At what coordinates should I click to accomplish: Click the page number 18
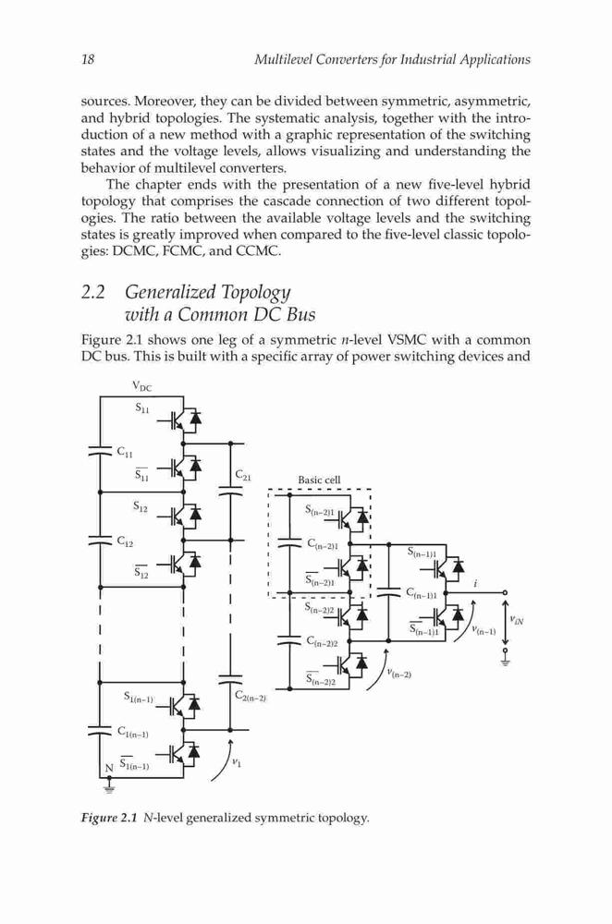click(87, 59)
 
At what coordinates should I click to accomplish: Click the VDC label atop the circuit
click(142, 386)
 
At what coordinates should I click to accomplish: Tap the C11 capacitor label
click(125, 453)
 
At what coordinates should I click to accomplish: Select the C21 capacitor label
click(243, 474)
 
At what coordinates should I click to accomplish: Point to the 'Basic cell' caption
click(319, 480)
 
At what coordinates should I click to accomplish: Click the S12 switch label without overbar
click(140, 505)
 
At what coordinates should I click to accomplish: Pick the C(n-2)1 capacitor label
click(323, 543)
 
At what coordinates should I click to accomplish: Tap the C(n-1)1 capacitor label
click(422, 593)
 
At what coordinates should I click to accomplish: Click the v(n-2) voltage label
click(399, 673)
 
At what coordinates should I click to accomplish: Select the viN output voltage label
click(516, 620)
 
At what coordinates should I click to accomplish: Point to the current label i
click(475, 584)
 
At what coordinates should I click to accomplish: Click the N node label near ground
click(108, 769)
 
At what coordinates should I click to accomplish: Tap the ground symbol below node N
click(108, 786)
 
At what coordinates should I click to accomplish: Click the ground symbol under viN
click(505, 662)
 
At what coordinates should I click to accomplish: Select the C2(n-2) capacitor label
click(251, 697)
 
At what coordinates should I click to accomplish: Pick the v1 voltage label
click(236, 762)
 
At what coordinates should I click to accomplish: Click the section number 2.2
click(93, 292)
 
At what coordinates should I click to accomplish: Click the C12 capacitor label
click(125, 541)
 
